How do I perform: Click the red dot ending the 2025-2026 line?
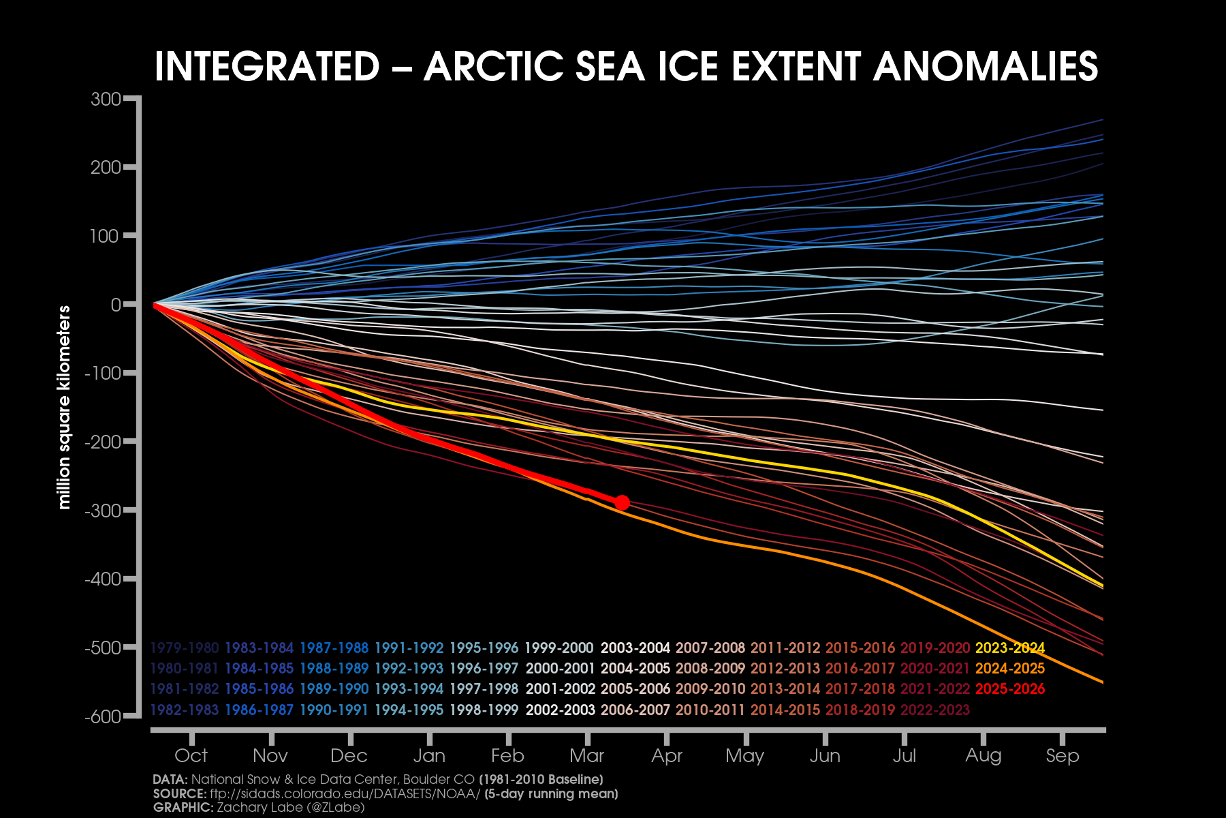622,503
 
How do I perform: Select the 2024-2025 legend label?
1010,669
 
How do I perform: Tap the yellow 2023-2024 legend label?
1010,648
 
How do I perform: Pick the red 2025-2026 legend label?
1010,689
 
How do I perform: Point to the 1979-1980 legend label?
185,648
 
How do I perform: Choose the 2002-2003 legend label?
561,710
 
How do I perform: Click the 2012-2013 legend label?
785,669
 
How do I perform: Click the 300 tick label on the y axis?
106,100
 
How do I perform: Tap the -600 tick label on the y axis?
103,716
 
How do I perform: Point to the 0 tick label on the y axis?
116,305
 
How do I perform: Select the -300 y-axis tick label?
103,511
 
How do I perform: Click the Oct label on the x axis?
191,755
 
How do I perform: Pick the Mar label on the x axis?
587,755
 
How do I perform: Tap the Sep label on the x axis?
1063,755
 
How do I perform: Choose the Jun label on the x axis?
825,755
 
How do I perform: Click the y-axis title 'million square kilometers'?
65,408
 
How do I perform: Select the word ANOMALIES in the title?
986,67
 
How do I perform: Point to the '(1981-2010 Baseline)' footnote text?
541,779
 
